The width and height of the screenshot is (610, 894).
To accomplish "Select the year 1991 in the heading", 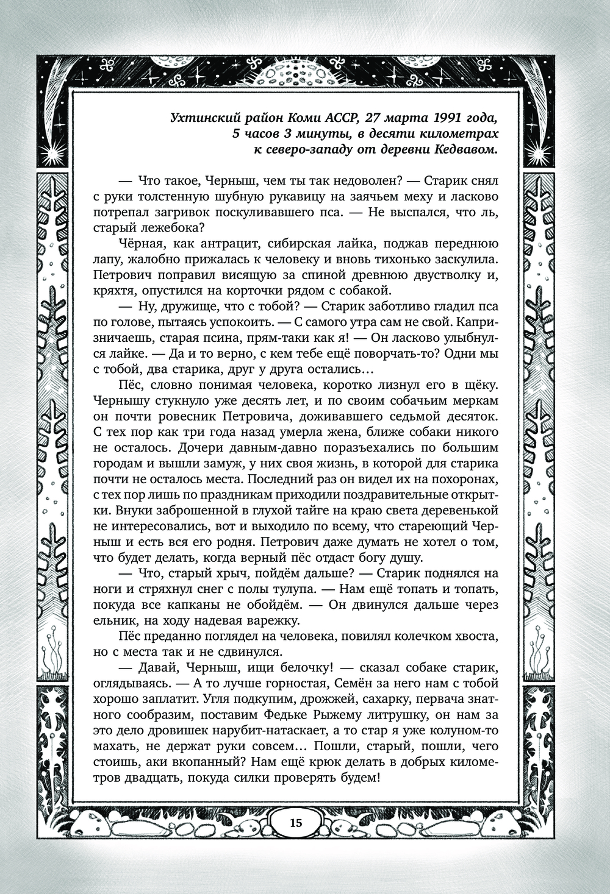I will (x=447, y=118).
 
